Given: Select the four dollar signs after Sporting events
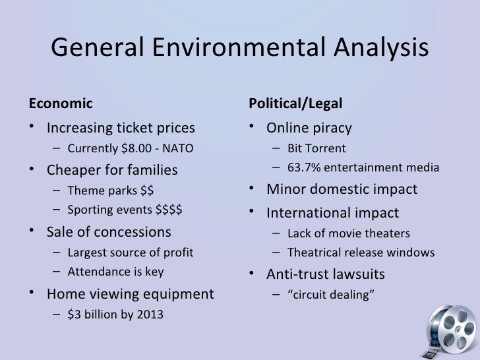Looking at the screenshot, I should coord(169,212).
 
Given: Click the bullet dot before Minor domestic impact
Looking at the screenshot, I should coord(253,191).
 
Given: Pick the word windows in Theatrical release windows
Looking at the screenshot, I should coord(413,253).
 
